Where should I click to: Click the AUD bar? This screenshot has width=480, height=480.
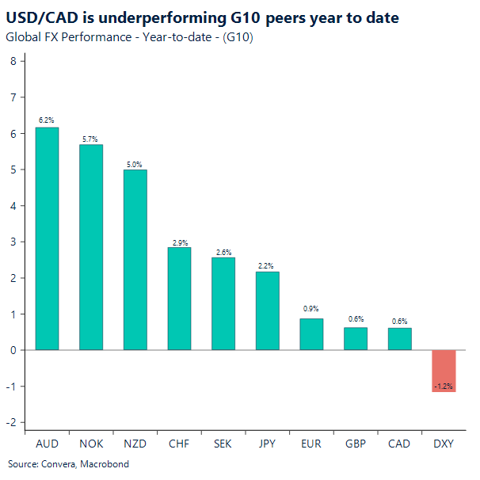pyautogui.click(x=47, y=238)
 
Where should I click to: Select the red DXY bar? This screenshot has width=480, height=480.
pyautogui.click(x=443, y=371)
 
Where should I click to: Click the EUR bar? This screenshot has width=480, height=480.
pyautogui.click(x=311, y=333)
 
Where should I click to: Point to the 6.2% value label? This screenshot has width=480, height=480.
pyautogui.click(x=47, y=120)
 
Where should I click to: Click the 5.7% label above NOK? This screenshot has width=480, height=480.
pyautogui.click(x=91, y=139)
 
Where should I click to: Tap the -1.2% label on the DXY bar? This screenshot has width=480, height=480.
pyautogui.click(x=443, y=387)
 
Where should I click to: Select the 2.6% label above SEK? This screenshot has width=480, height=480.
pyautogui.click(x=223, y=252)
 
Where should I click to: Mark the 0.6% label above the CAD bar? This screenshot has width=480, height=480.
pyautogui.click(x=399, y=321)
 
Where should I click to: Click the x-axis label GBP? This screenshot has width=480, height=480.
pyautogui.click(x=355, y=444)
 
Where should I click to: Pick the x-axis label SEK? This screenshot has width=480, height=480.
pyautogui.click(x=223, y=444)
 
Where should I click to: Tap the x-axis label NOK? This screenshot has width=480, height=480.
pyautogui.click(x=91, y=444)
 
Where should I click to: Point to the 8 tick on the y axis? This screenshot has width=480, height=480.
pyautogui.click(x=13, y=62)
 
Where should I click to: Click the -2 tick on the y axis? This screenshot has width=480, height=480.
pyautogui.click(x=11, y=422)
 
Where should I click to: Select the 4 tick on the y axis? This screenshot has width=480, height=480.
pyautogui.click(x=13, y=206)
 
